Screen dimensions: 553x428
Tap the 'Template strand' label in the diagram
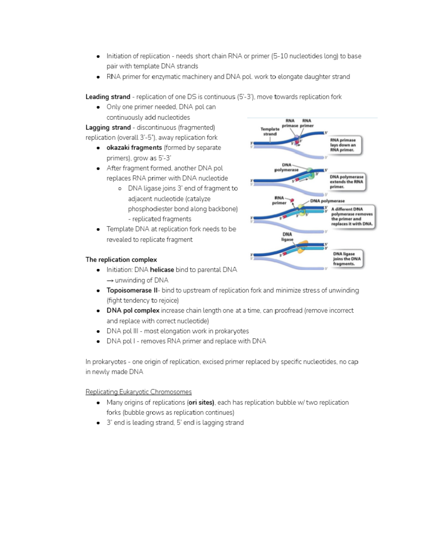click(270, 131)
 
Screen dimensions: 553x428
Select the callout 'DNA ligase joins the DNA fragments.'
click(346, 259)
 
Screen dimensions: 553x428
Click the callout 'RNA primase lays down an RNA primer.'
click(345, 145)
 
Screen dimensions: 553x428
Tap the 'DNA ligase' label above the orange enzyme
click(287, 237)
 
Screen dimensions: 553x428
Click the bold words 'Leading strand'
click(108, 97)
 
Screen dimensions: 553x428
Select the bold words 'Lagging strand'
click(108, 127)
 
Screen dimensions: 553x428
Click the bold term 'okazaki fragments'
click(134, 148)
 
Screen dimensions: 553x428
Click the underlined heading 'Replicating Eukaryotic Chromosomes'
click(138, 392)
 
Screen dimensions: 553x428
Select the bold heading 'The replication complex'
click(121, 260)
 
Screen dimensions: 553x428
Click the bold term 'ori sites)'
click(201, 403)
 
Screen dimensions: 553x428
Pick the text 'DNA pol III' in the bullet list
click(122, 331)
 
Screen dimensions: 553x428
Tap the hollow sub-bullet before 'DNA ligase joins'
click(120, 189)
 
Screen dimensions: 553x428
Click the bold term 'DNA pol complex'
click(133, 311)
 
